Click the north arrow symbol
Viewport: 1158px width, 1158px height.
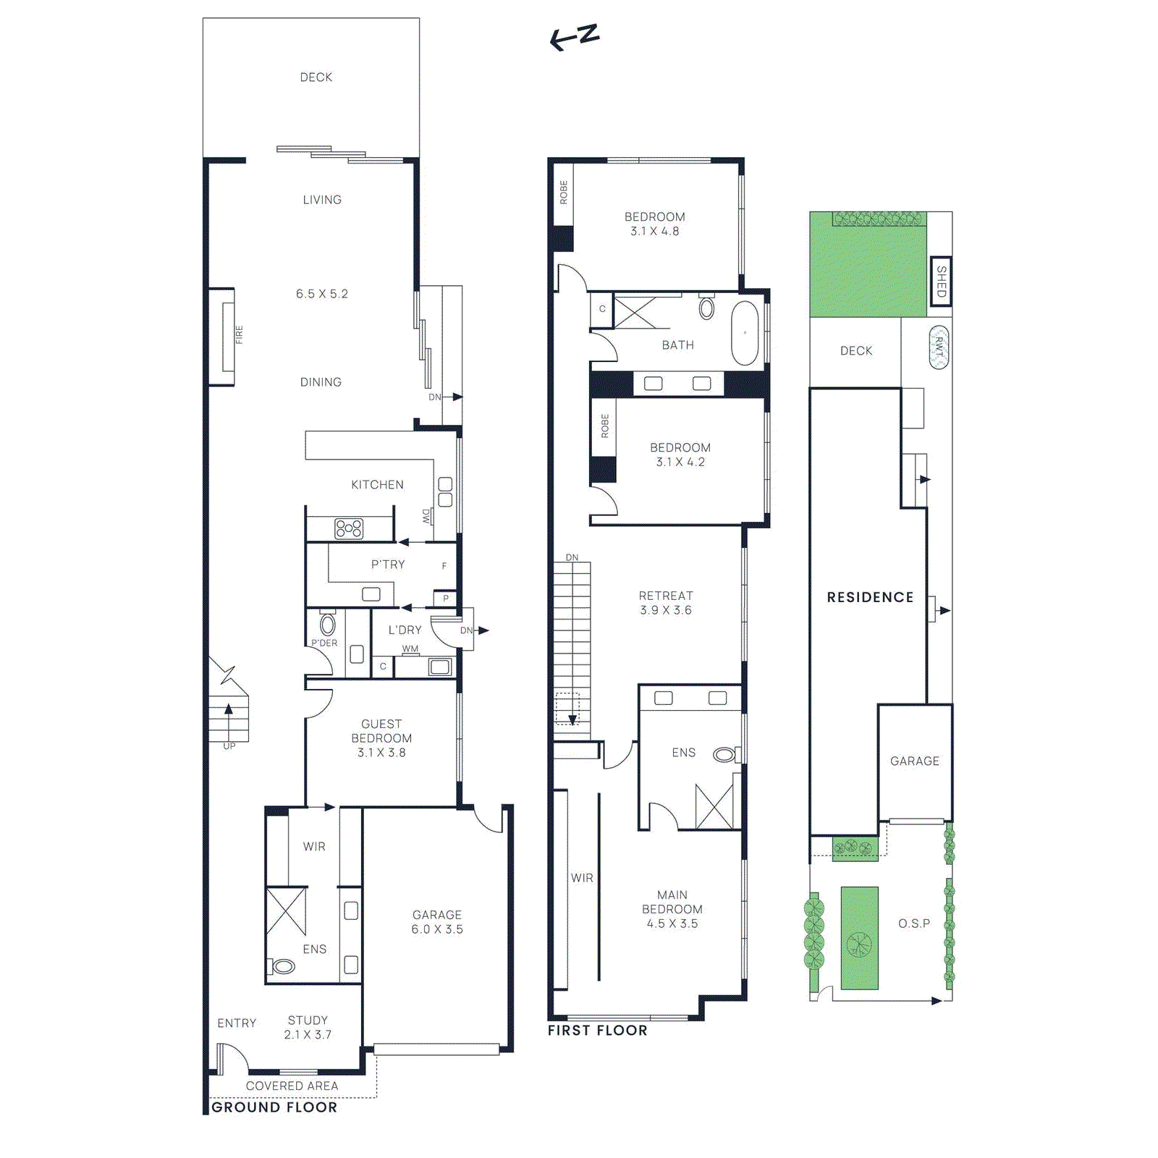pyautogui.click(x=575, y=37)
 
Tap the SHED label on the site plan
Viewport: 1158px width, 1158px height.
pyautogui.click(x=940, y=281)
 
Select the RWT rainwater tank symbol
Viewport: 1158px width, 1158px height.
pyautogui.click(x=939, y=347)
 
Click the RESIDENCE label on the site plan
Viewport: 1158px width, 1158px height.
pyautogui.click(x=870, y=597)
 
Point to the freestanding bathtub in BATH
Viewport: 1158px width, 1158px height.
pyautogui.click(x=745, y=333)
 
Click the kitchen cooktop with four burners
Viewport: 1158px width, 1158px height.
pyautogui.click(x=349, y=528)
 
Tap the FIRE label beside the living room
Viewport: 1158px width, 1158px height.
pyautogui.click(x=239, y=334)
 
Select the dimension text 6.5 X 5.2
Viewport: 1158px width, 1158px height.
pyautogui.click(x=322, y=294)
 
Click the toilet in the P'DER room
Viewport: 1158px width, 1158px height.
pyautogui.click(x=328, y=625)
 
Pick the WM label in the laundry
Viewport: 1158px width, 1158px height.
pyautogui.click(x=410, y=648)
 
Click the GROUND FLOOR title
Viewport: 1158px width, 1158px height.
pyautogui.click(x=274, y=1107)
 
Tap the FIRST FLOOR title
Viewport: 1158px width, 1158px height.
pyautogui.click(x=597, y=1030)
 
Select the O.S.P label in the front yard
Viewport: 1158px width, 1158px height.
pyautogui.click(x=914, y=924)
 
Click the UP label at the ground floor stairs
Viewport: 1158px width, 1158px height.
pyautogui.click(x=229, y=746)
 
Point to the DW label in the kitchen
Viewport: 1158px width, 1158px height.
pyautogui.click(x=426, y=515)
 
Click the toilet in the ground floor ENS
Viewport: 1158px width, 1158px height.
pyautogui.click(x=282, y=965)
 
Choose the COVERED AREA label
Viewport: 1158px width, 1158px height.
pyautogui.click(x=292, y=1086)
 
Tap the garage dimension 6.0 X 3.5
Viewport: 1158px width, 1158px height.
pyautogui.click(x=437, y=929)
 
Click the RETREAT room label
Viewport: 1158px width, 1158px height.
pyautogui.click(x=666, y=596)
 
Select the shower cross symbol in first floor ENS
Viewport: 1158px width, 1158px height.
pyautogui.click(x=714, y=806)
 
